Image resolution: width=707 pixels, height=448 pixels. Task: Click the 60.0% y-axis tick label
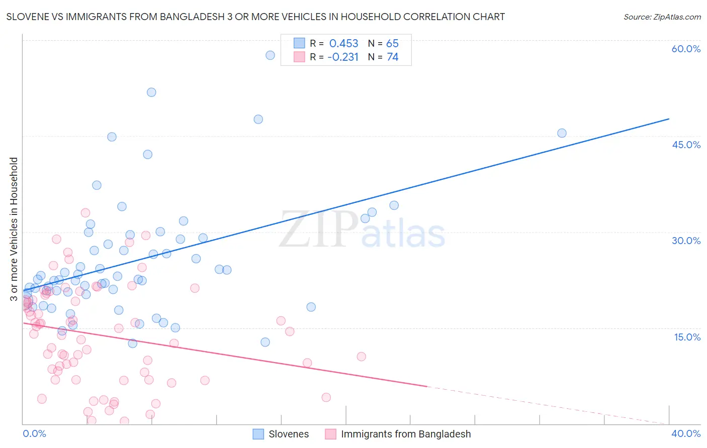pyautogui.click(x=686, y=49)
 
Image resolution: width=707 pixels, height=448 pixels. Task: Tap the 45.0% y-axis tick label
pyautogui.click(x=686, y=145)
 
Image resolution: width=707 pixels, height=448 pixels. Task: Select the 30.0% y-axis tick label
pyautogui.click(x=686, y=241)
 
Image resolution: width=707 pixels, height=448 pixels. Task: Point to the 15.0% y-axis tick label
pyautogui.click(x=687, y=337)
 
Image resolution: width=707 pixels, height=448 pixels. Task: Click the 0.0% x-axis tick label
pyautogui.click(x=34, y=433)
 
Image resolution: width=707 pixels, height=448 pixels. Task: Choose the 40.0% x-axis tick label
pyautogui.click(x=686, y=433)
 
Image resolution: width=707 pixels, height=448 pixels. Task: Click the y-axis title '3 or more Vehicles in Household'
pyautogui.click(x=14, y=229)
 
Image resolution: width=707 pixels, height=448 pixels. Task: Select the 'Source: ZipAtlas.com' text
pyautogui.click(x=662, y=17)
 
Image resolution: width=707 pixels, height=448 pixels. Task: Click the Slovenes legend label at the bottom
pyautogui.click(x=289, y=434)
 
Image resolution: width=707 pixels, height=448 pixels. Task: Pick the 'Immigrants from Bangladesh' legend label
pyautogui.click(x=406, y=434)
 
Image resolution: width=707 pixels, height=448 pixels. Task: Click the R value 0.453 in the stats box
pyautogui.click(x=343, y=44)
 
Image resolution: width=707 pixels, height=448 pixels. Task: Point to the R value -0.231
pyautogui.click(x=342, y=57)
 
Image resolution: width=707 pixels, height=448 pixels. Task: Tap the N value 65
pyautogui.click(x=392, y=44)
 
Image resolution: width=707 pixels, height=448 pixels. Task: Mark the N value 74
pyautogui.click(x=392, y=57)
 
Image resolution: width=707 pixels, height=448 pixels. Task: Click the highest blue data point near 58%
pyautogui.click(x=270, y=55)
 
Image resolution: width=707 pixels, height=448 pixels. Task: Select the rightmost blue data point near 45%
pyautogui.click(x=562, y=133)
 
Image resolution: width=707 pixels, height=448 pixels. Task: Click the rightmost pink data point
pyautogui.click(x=361, y=357)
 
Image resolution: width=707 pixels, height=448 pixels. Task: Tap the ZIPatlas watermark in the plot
pyautogui.click(x=362, y=230)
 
